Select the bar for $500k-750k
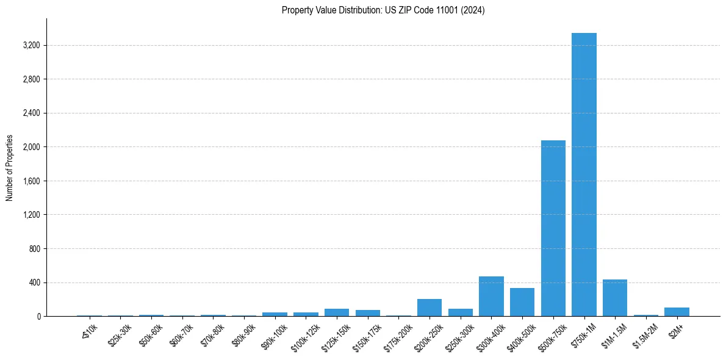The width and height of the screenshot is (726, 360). pos(553,228)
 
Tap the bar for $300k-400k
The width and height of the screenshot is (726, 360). pos(491,297)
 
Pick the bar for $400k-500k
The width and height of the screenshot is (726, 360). pos(522,302)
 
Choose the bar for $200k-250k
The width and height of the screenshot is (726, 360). pos(429,308)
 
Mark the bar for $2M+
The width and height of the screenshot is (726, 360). pos(677,312)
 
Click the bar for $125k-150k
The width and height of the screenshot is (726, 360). pos(337,312)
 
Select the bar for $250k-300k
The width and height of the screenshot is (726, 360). pos(460,312)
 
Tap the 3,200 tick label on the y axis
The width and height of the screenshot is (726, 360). pos(31,46)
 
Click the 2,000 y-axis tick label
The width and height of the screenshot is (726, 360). pos(31,147)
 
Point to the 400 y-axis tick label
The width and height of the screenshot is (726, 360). pos(34,283)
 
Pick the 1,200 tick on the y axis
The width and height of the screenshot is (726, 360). pos(31,215)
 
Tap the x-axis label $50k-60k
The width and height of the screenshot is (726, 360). pos(151,334)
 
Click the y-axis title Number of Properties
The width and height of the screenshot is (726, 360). pos(9,168)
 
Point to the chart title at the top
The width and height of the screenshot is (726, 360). pos(383,10)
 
